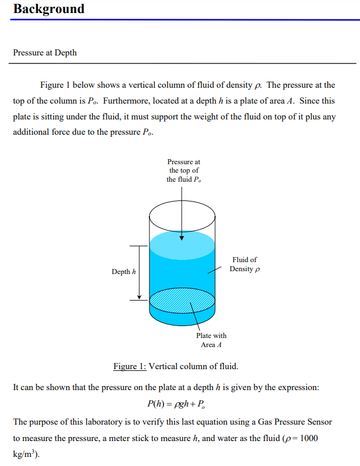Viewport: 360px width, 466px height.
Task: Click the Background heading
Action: point(49,9)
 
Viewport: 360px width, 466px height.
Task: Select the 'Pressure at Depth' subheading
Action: point(45,53)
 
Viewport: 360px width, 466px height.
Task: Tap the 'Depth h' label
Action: point(123,272)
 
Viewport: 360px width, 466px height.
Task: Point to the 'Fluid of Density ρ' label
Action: point(245,264)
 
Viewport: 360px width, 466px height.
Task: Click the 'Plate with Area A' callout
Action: point(211,340)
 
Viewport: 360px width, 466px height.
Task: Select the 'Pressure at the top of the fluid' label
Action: point(183,170)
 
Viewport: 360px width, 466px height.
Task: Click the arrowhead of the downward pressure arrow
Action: point(182,237)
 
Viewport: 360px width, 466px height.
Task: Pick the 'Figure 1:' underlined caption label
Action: point(130,366)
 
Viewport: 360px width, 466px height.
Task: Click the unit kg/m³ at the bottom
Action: point(24,454)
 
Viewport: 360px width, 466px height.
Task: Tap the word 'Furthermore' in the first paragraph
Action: point(125,101)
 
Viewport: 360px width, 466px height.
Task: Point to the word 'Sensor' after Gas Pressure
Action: point(319,422)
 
